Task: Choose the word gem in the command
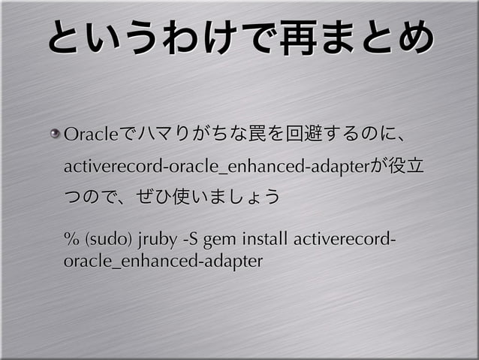pyautogui.click(x=220, y=242)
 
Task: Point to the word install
pyautogui.click(x=265, y=241)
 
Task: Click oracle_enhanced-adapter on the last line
pyautogui.click(x=163, y=262)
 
